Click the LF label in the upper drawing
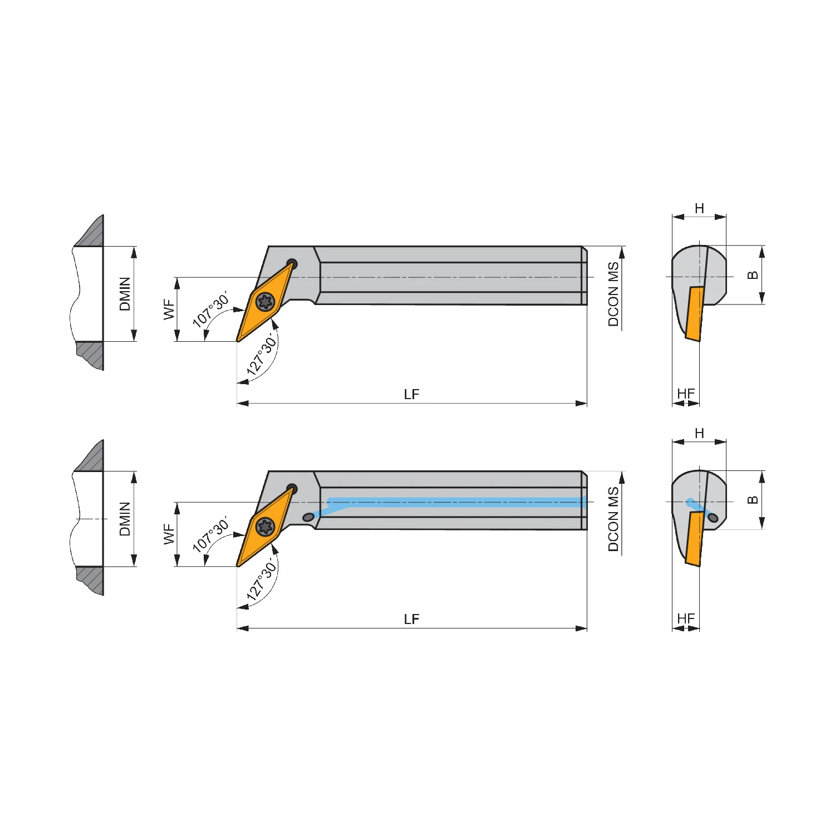411,394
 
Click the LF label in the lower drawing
411,619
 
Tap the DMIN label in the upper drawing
125,294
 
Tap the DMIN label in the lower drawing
125,519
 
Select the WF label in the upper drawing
169,310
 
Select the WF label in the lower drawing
169,534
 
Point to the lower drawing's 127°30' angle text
262,581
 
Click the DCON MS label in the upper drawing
613,294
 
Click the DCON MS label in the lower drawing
613,519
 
